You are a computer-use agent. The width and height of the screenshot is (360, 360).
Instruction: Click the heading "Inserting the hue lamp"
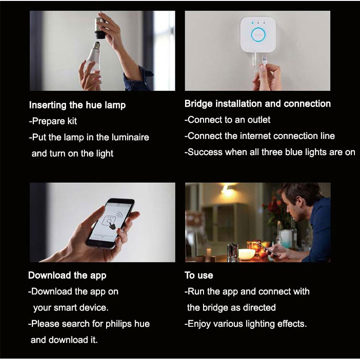pos(78,105)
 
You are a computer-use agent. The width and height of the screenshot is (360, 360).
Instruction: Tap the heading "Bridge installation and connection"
pos(258,104)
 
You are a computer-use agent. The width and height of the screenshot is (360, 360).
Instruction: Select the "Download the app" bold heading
pos(67,275)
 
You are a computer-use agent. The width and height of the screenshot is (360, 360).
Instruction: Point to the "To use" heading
pos(199,275)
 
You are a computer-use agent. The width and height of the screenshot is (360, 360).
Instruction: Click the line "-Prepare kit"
pos(53,121)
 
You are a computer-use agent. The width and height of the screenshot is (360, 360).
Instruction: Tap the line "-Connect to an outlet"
pos(228,120)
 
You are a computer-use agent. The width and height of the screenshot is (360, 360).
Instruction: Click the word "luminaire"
pos(131,137)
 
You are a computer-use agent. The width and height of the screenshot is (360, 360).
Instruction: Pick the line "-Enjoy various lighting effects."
pos(246,324)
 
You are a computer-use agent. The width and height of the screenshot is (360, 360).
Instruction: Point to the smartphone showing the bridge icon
pos(110,224)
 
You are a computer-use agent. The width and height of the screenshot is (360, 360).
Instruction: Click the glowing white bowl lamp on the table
pos(246,254)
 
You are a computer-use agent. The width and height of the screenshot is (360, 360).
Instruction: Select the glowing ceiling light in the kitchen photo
pos(227,190)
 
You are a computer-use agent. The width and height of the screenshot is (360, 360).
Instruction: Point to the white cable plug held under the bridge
pos(264,61)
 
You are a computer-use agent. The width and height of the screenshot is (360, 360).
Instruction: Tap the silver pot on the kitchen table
pos(233,253)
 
